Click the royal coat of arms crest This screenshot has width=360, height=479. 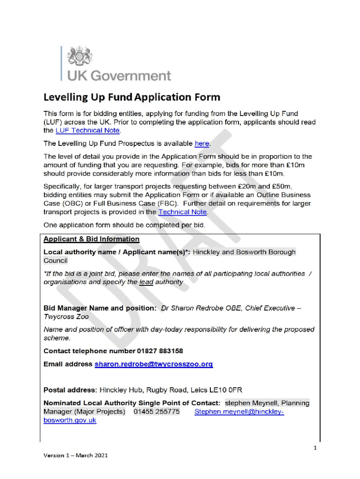(80, 57)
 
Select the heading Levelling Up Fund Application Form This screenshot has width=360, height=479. (131, 98)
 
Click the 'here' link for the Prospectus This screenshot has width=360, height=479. (202, 144)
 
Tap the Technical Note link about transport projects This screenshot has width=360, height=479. (182, 212)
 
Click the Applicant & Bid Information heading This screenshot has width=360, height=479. (91, 239)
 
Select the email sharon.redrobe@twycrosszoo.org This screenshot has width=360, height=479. (153, 364)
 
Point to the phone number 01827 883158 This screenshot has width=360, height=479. (160, 351)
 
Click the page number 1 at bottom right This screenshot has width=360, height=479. (315, 448)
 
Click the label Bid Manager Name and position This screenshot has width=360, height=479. (100, 308)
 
